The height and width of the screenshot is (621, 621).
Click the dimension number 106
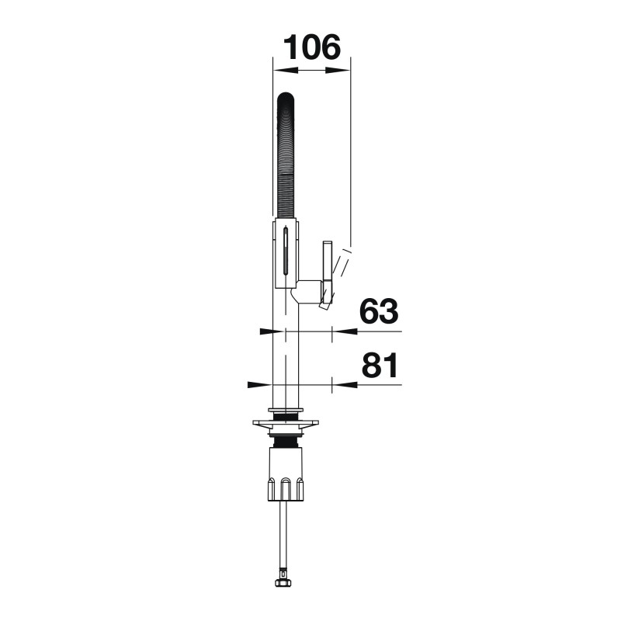(x=312, y=47)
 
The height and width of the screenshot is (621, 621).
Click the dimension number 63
(x=379, y=311)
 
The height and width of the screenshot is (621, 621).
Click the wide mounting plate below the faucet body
(x=285, y=426)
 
